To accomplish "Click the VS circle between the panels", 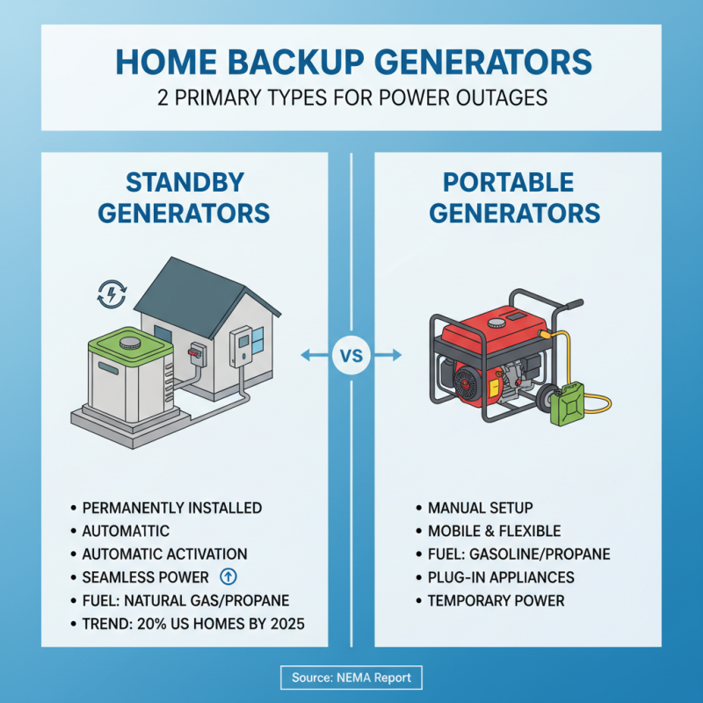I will [x=351, y=356].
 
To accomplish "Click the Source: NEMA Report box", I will [x=351, y=678].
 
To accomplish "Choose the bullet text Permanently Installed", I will [x=171, y=508].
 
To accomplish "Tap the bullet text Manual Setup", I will [x=481, y=508].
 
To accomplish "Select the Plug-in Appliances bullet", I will [x=501, y=577].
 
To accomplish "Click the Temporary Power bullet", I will [x=496, y=600].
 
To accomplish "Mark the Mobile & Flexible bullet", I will [x=494, y=531].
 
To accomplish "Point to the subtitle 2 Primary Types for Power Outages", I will [x=351, y=97].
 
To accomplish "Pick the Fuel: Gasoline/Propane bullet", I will [x=518, y=554].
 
